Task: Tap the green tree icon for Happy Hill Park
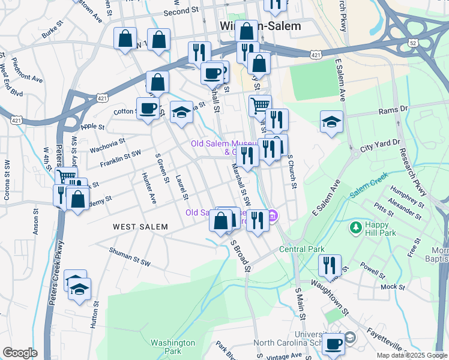coord(355,228)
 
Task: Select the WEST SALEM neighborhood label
coord(140,226)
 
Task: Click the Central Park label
coord(301,249)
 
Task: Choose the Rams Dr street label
coord(393,110)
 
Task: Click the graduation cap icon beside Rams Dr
coord(331,122)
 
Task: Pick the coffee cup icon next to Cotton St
coord(148,109)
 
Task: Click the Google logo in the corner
coord(20,353)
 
